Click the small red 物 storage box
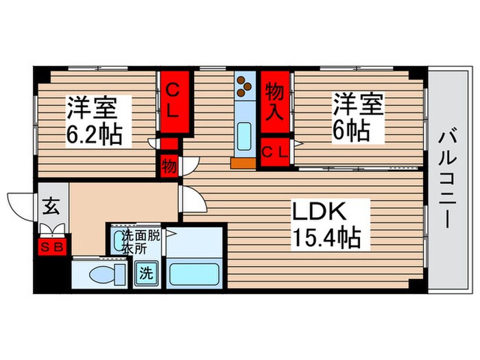coord(168,167)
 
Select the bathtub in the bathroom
coord(194,274)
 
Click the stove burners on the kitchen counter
coord(243,86)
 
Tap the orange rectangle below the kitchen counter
coord(241,163)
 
